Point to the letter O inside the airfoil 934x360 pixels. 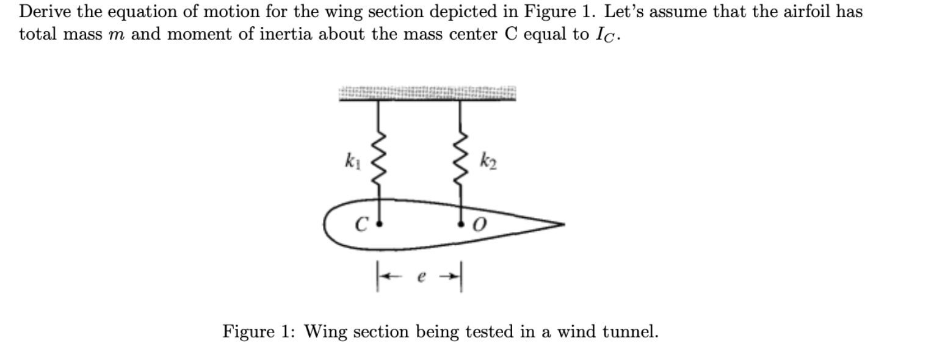pos(479,226)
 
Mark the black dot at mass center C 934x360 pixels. pos(380,225)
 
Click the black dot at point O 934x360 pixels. pos(460,225)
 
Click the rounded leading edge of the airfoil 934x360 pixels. pos(327,225)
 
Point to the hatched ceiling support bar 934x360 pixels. pos(427,93)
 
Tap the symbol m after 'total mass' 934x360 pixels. pos(120,34)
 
